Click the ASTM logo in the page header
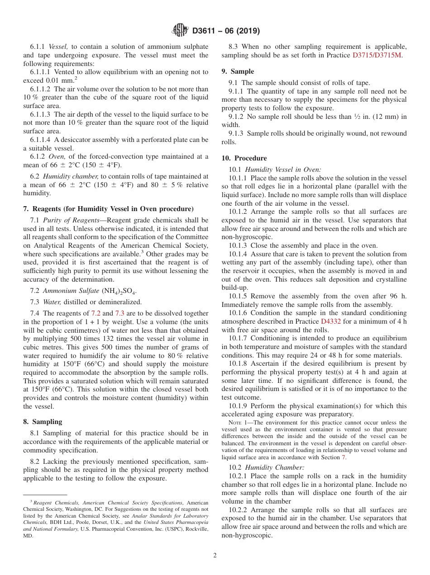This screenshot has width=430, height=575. click(181, 31)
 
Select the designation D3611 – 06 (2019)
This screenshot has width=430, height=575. click(226, 31)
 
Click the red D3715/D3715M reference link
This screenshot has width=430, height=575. click(377, 55)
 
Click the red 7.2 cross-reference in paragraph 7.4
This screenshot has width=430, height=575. click(96, 313)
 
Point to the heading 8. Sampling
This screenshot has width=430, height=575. click(43, 422)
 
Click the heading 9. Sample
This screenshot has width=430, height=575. click(238, 71)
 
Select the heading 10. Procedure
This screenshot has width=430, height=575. click(244, 158)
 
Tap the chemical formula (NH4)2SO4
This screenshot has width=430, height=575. click(120, 291)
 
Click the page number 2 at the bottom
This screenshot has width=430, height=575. click(215, 556)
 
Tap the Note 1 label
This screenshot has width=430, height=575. click(239, 423)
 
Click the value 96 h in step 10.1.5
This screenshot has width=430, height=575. click(397, 296)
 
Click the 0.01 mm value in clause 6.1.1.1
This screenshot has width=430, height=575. click(49, 80)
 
